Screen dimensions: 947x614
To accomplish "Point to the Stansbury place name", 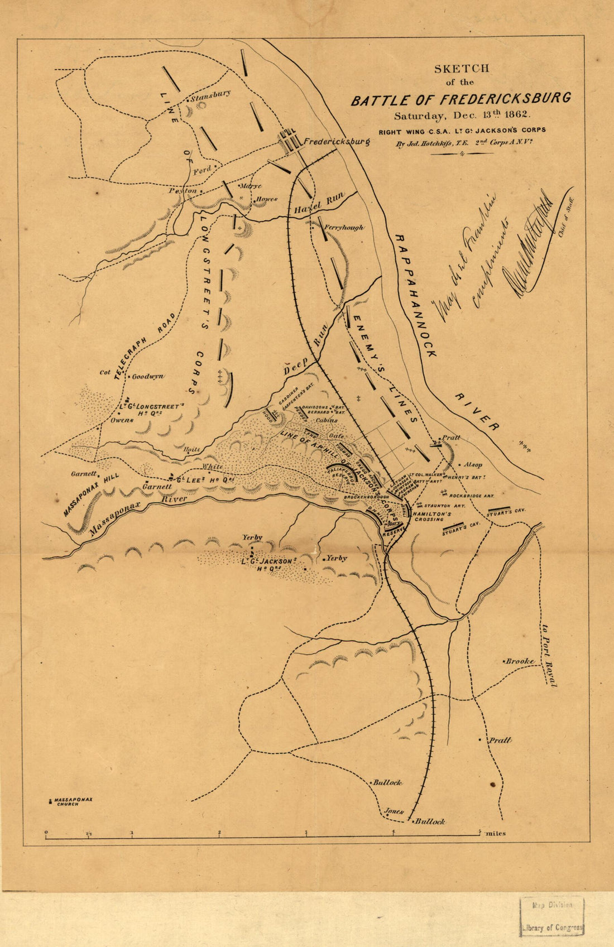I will (x=210, y=95).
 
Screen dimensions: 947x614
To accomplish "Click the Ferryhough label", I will (x=344, y=228).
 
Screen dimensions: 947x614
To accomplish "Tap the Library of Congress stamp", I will (x=552, y=916).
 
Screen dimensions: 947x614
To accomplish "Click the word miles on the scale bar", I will (x=496, y=834).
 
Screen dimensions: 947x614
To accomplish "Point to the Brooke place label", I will (x=520, y=661).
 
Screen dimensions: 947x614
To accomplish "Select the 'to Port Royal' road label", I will (x=549, y=654).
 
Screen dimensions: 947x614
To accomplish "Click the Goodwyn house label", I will (x=147, y=377).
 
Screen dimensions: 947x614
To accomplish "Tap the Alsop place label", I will (x=473, y=464).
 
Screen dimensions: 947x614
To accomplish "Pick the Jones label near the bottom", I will (x=394, y=811).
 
